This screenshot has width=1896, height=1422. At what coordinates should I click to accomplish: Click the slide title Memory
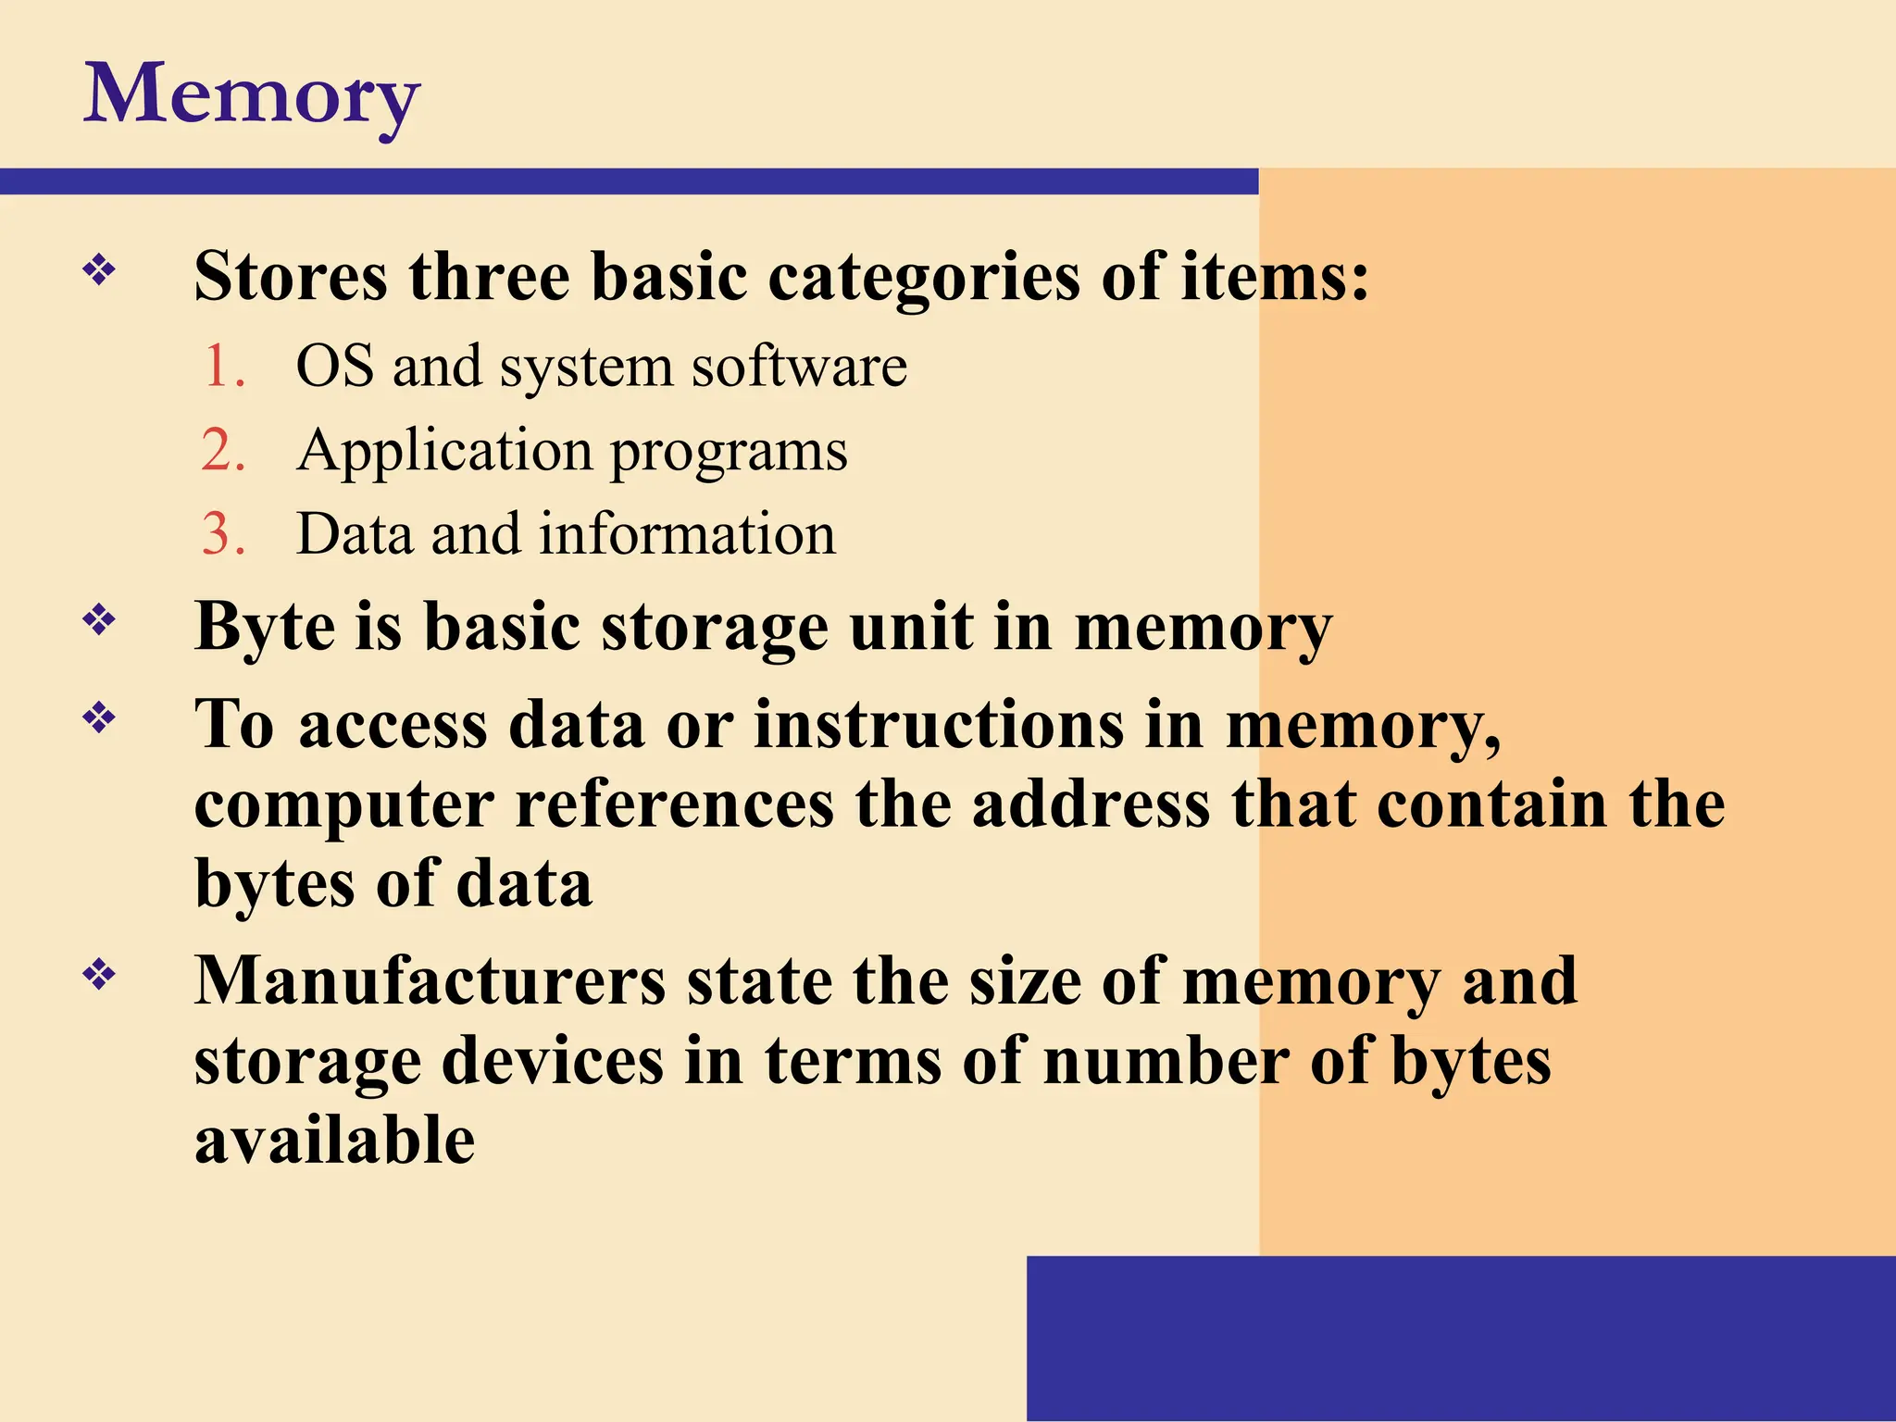coord(252,94)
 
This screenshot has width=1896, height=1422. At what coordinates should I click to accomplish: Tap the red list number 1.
coord(222,366)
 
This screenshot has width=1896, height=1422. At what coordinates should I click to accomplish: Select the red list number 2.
coord(223,450)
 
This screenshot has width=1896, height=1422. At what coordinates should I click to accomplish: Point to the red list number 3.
coord(223,534)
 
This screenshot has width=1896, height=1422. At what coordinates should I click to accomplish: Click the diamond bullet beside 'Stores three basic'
coord(99,271)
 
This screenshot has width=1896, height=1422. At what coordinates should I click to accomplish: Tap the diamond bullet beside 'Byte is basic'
coord(99,619)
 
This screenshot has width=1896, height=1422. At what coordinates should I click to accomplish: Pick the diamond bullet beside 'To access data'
coord(99,717)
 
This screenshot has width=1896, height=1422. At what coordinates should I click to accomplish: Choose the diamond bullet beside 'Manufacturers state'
coord(99,974)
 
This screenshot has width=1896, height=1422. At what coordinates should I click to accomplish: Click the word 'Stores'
coord(291,277)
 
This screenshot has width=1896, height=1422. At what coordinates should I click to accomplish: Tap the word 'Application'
coord(444,452)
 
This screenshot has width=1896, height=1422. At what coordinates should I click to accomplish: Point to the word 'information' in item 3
coord(688,534)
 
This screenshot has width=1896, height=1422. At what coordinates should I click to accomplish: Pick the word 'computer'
coord(344,805)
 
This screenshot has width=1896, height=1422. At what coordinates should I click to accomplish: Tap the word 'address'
coord(1091,804)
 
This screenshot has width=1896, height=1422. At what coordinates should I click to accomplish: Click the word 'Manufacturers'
coord(430,980)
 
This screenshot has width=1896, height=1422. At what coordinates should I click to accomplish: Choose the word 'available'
coord(334,1140)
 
